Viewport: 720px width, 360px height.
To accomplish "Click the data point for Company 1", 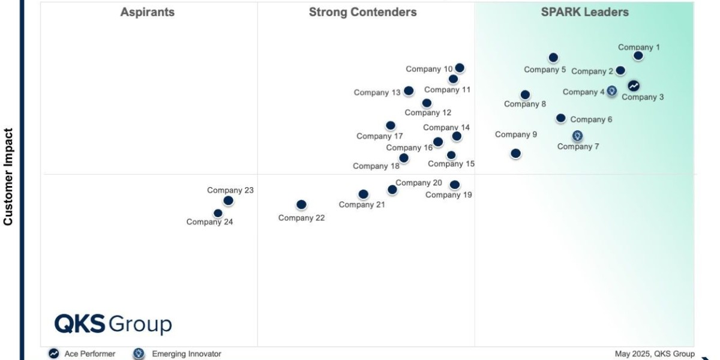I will (638, 56).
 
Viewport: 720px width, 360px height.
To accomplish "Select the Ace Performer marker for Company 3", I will (634, 86).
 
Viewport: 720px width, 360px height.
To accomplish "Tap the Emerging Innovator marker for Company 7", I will (577, 136).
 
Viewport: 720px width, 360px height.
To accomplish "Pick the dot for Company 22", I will (301, 205).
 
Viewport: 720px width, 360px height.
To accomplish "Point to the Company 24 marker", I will (218, 213).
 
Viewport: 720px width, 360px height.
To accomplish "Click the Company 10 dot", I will (460, 68).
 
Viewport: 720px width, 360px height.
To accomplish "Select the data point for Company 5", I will (553, 58).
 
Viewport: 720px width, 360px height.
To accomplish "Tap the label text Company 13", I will (377, 92).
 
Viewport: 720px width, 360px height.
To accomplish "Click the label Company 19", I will (449, 194).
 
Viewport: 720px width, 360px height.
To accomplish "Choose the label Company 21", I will (362, 205).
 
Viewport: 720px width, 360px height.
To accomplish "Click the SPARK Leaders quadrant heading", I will (584, 12).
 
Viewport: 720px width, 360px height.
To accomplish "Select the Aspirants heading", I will (148, 12).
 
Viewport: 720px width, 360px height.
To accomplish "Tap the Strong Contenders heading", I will (362, 12).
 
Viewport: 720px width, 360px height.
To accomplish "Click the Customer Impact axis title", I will (8, 176).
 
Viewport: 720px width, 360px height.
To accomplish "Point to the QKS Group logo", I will (113, 323).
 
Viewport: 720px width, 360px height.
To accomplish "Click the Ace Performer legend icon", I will (54, 354).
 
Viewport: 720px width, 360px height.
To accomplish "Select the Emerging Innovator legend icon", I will (139, 354).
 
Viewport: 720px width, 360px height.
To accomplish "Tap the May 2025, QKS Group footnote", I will (655, 354).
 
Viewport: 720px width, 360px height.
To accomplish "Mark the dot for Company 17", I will (391, 125).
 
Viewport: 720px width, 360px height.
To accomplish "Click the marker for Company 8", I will (525, 95).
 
